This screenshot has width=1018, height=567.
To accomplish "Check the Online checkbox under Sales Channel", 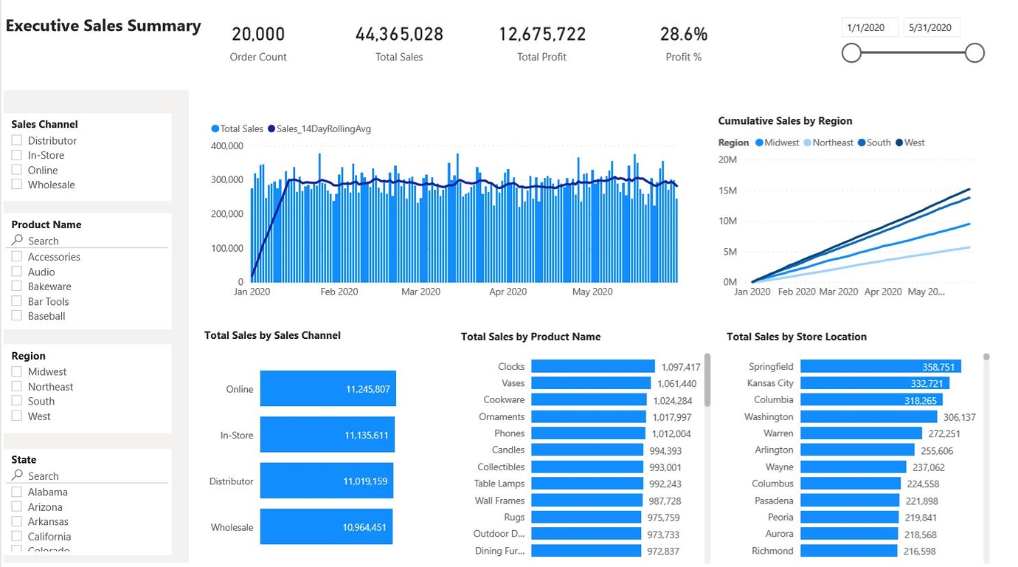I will (17, 170).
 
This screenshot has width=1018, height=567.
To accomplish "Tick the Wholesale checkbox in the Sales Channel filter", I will (17, 185).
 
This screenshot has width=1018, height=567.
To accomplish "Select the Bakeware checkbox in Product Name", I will (17, 286).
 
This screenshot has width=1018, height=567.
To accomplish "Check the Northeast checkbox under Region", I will (17, 387).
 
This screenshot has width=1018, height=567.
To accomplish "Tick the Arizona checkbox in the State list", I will (17, 507).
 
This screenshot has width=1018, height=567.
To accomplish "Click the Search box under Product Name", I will (89, 241).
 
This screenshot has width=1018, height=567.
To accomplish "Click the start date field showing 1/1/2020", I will (870, 27).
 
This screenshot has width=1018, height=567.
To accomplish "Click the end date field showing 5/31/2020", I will (931, 27).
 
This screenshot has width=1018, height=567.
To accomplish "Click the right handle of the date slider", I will (974, 52).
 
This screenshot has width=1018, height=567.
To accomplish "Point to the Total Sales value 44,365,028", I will (399, 34).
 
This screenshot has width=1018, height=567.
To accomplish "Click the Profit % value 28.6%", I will (683, 34).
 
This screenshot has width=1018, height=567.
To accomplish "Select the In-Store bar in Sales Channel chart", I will (328, 435).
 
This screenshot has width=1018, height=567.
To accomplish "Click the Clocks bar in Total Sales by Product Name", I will (592, 366).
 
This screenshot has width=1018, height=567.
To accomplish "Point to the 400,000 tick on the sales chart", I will (226, 145).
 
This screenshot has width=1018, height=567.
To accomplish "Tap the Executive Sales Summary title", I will (103, 26).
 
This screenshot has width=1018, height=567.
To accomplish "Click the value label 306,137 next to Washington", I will (959, 417).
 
